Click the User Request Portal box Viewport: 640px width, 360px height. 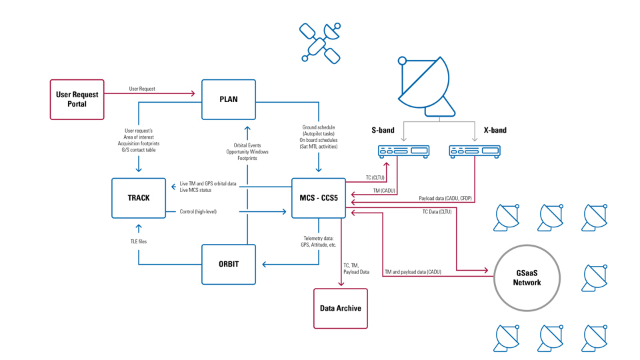tap(77, 99)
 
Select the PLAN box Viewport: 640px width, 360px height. tap(229, 99)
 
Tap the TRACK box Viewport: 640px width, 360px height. tap(139, 198)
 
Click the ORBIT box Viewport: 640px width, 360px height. tap(229, 264)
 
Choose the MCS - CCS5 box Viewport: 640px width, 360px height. tap(319, 198)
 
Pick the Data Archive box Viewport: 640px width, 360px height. tap(340, 308)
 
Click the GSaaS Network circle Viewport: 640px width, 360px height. tap(527, 278)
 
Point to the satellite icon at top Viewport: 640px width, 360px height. tap(320, 43)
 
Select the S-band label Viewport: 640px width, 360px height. tap(383, 130)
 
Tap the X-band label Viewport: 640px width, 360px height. tap(495, 130)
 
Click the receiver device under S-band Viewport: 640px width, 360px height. tap(404, 151)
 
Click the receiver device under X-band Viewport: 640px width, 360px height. tap(475, 151)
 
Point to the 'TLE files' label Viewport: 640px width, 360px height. tap(139, 241)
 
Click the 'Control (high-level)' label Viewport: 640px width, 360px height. tap(198, 212)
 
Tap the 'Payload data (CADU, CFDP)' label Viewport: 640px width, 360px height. tap(445, 198)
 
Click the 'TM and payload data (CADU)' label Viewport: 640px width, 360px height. tap(413, 272)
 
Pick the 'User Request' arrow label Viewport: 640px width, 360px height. tap(142, 89)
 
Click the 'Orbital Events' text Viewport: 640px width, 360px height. tap(247, 145)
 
